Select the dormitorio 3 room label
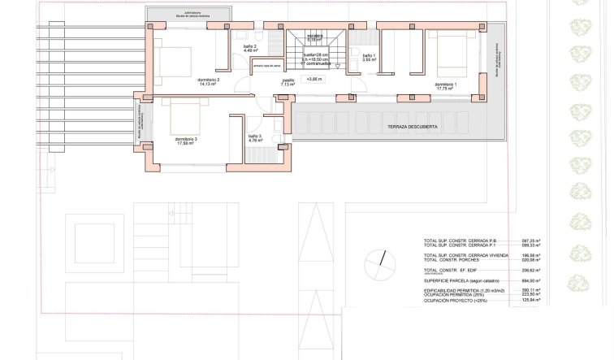pos(186,141)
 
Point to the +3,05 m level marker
pos(314,80)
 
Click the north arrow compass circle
pos(378,262)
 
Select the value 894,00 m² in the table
pos(532,280)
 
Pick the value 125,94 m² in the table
pos(532,301)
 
